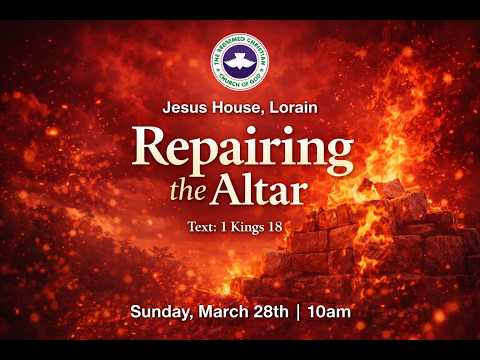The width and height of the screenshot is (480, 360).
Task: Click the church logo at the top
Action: [240, 61]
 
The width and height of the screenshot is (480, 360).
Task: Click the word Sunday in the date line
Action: [158, 312]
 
